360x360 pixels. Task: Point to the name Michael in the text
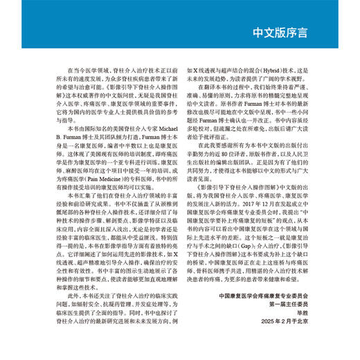(x=170, y=129)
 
